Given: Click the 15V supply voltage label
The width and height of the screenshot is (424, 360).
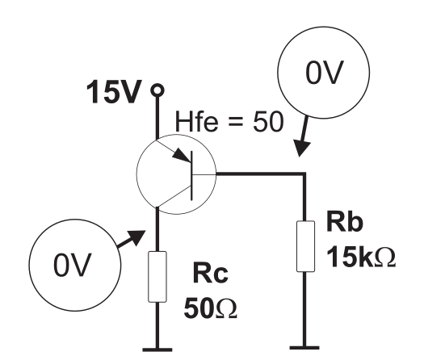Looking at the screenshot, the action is pos(114,92).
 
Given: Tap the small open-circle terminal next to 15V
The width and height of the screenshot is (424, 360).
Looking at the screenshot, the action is pos(157,90).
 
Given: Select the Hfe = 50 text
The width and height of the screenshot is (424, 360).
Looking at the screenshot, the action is pos(229,122).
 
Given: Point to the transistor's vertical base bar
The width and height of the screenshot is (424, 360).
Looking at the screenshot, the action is pos(192,176).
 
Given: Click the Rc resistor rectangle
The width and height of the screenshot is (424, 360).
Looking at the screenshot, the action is pos(157,277).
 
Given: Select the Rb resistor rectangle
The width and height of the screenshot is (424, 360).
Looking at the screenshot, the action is pos(305,246).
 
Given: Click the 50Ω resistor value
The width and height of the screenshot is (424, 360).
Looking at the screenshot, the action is pos(210,308).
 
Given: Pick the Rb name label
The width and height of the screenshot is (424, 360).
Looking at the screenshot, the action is pos(345,222).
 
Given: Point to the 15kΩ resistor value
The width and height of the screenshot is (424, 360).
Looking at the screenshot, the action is pos(361,257).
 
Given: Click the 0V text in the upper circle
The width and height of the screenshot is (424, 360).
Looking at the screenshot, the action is pos(325,73).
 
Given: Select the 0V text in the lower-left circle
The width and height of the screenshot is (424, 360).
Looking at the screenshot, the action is pos(73,265).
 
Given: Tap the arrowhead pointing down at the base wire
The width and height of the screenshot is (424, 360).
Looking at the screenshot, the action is pos(301,148).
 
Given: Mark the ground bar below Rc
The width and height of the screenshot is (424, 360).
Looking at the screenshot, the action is pos(157,350).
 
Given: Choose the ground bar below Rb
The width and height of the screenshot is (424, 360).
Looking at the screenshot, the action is pos(304,348).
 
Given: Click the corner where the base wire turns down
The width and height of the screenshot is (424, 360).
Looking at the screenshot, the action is pos(304,174).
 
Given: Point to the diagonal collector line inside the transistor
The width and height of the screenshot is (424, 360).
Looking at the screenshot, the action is pos(174,196).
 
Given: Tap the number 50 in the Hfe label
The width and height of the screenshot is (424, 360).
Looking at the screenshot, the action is pos(268,122).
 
